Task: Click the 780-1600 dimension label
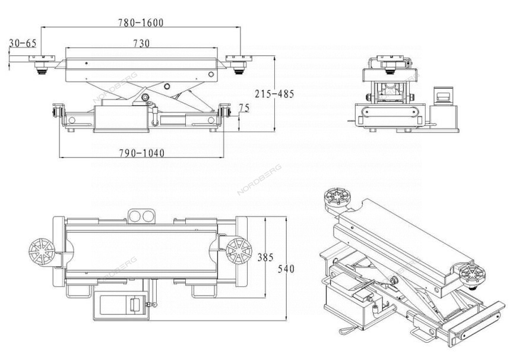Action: pos(140,23)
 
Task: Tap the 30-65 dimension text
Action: pos(23,43)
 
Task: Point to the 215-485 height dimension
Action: pos(274,94)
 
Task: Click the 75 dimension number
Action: pos(244,108)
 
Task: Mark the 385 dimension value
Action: pos(265,258)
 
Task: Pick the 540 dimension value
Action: pos(286,269)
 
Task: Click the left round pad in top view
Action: pos(42,252)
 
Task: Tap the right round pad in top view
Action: pos(236,252)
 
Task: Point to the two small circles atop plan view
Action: pos(141,216)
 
